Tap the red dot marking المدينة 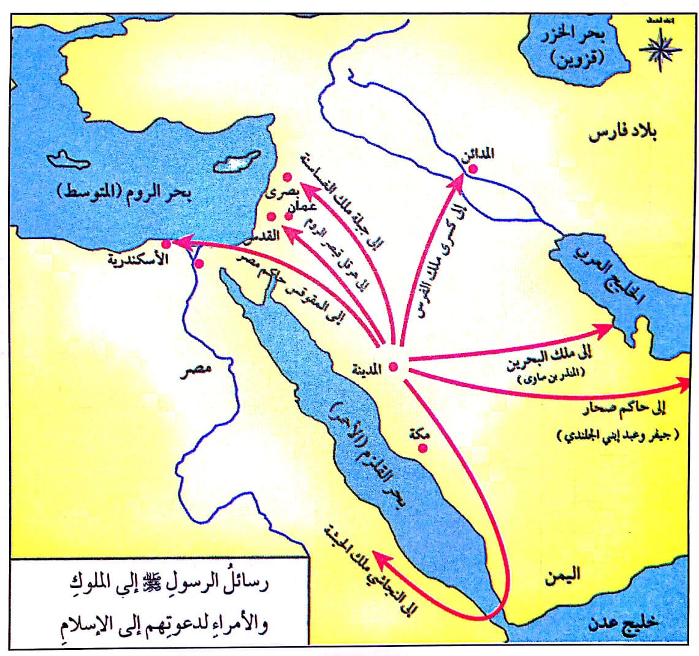point(394,367)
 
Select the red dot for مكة point(422,449)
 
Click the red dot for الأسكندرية point(166,245)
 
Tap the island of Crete point(75,161)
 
